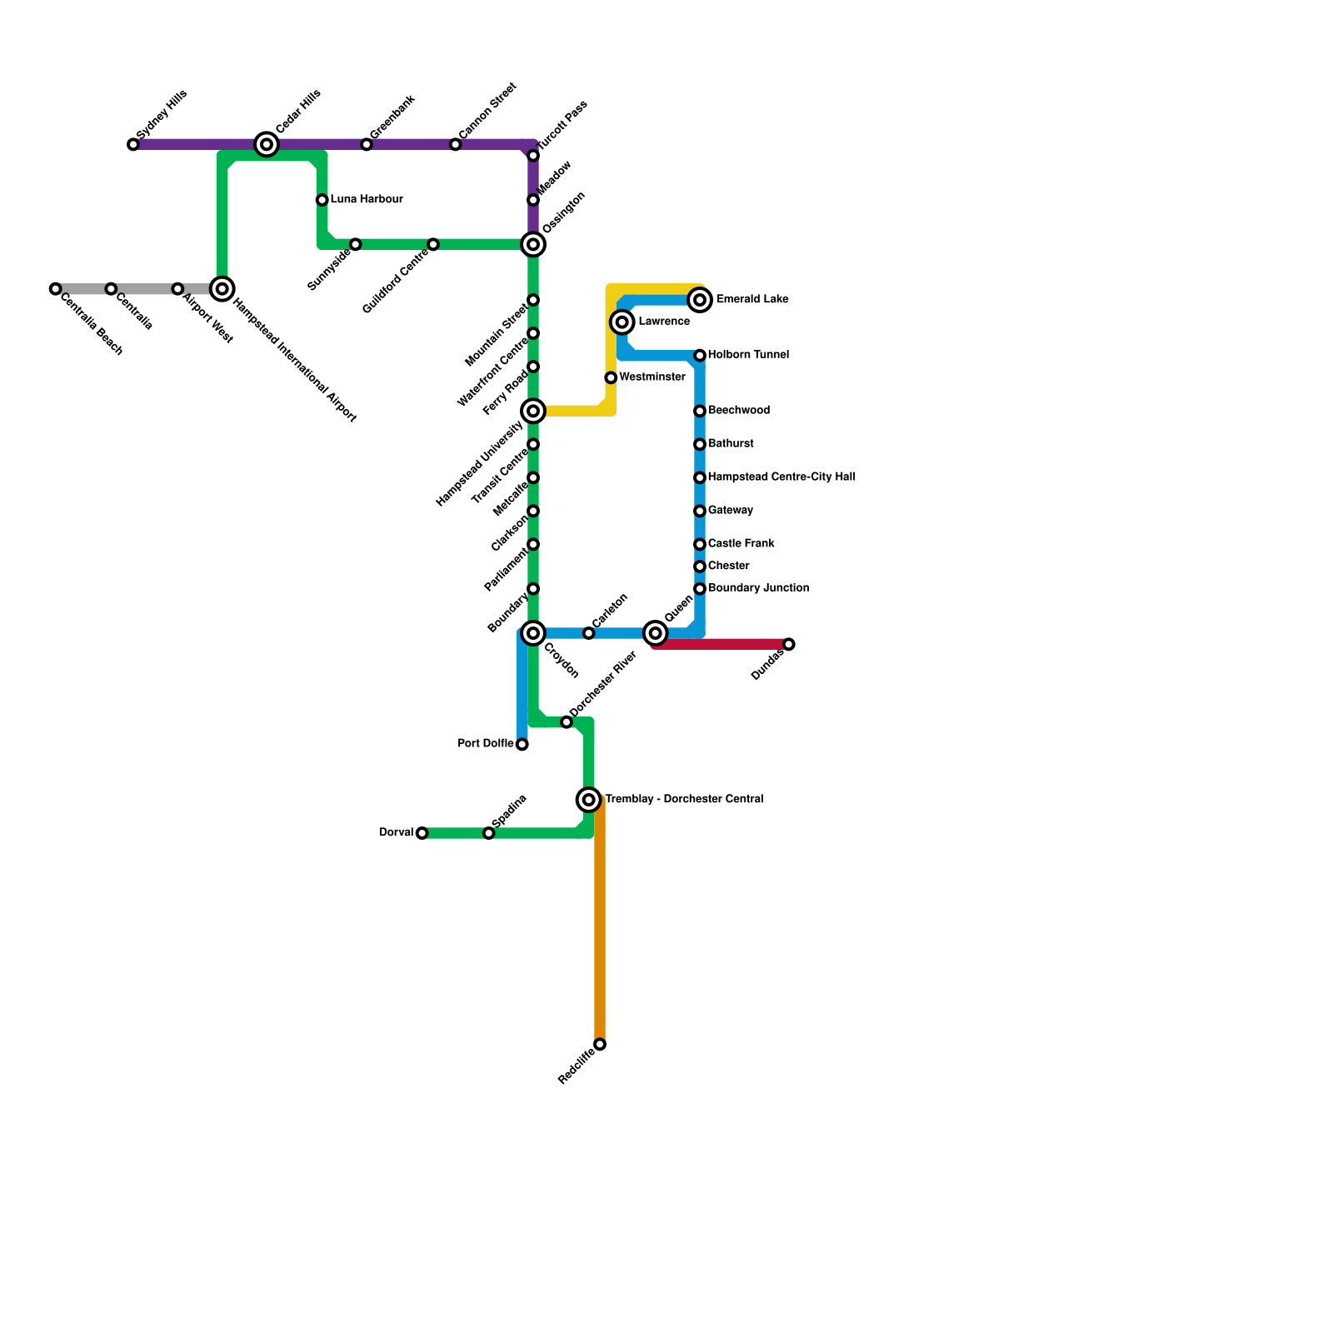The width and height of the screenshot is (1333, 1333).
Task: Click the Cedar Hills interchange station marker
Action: point(267,145)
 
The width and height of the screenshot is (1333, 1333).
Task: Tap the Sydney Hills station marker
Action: point(133,145)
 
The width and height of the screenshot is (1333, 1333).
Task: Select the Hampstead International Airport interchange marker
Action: point(222,289)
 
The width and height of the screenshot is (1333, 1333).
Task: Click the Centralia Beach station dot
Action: point(55,289)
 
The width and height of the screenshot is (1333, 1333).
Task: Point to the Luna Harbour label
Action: point(367,200)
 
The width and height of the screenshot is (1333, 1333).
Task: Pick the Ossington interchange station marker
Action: point(533,244)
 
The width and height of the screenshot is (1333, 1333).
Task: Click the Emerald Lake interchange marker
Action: point(701,300)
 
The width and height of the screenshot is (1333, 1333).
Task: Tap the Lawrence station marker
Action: point(622,322)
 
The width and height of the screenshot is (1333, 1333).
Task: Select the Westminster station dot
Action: point(611,378)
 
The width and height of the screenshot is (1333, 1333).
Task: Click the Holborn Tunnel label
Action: point(748,355)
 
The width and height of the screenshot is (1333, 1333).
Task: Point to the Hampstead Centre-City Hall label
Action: point(781,477)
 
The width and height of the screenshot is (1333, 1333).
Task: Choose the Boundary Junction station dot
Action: point(700,589)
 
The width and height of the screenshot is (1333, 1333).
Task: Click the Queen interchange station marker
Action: point(657,634)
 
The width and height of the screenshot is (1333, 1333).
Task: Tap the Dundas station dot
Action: point(789,645)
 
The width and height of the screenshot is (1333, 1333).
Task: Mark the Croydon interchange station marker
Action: point(533,634)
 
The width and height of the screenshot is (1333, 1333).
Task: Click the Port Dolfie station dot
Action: point(522,745)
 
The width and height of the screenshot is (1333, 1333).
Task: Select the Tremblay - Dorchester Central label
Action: point(684,800)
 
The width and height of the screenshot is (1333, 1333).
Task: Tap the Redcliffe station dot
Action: point(600,1045)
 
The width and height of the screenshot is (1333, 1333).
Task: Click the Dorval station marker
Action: point(422,833)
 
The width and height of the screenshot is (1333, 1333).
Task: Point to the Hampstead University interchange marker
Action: point(533,412)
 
